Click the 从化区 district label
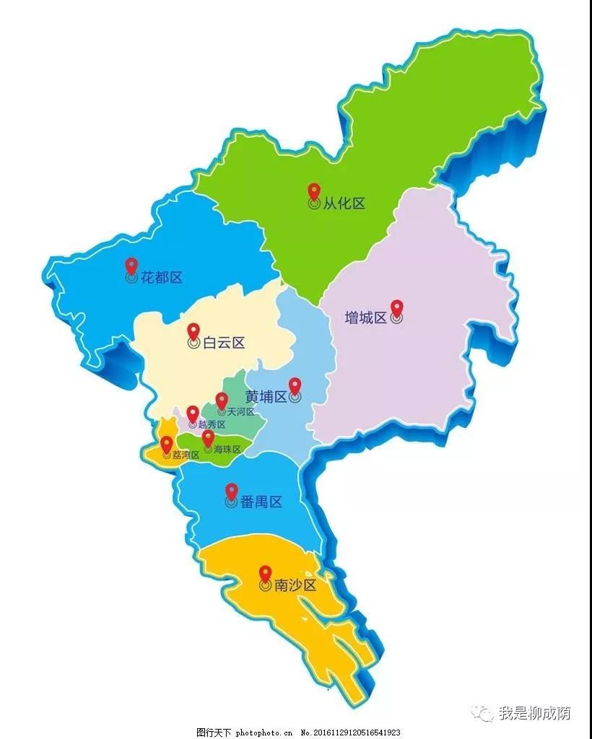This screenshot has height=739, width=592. [344, 204]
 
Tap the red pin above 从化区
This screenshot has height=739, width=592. [314, 192]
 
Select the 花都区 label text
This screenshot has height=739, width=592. [161, 277]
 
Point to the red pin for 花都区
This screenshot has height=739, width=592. [131, 266]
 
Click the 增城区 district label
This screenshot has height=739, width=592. [366, 318]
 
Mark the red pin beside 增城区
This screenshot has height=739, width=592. [396, 308]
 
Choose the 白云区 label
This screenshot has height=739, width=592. [224, 343]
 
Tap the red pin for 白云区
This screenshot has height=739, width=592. [193, 332]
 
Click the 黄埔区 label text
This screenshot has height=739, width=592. [266, 397]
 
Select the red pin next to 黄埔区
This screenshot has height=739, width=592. [295, 386]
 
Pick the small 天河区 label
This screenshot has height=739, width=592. [240, 412]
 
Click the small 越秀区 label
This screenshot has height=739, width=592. [212, 425]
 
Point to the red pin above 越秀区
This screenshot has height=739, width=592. [192, 414]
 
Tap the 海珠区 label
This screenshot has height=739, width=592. [227, 449]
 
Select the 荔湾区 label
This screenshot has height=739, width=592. [186, 455]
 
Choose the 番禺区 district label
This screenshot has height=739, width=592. [261, 502]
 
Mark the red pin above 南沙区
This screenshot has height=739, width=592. [265, 574]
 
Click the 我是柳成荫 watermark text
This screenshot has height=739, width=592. [534, 714]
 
